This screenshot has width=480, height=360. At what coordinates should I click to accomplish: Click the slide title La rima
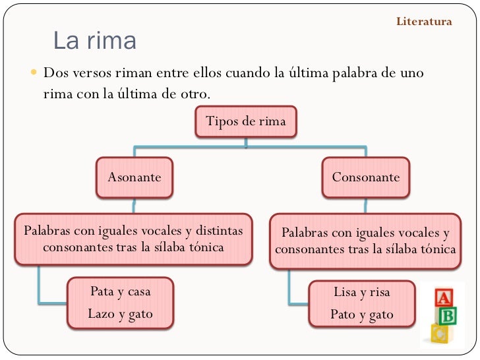(94, 41)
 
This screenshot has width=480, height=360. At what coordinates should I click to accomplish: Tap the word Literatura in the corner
(424, 22)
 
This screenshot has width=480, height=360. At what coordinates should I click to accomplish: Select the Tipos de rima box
(245, 121)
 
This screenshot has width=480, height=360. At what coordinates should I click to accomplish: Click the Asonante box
(135, 177)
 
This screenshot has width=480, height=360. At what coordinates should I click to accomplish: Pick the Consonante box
(365, 177)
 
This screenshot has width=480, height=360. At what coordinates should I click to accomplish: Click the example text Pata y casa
(121, 291)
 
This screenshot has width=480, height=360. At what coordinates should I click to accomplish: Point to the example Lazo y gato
(121, 314)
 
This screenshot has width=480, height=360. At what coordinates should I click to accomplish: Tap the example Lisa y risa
(362, 292)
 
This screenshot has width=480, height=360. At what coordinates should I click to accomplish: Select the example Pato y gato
(362, 315)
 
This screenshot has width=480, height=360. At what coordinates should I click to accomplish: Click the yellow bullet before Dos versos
(34, 72)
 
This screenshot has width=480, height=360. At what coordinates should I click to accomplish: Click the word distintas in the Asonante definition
(219, 231)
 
